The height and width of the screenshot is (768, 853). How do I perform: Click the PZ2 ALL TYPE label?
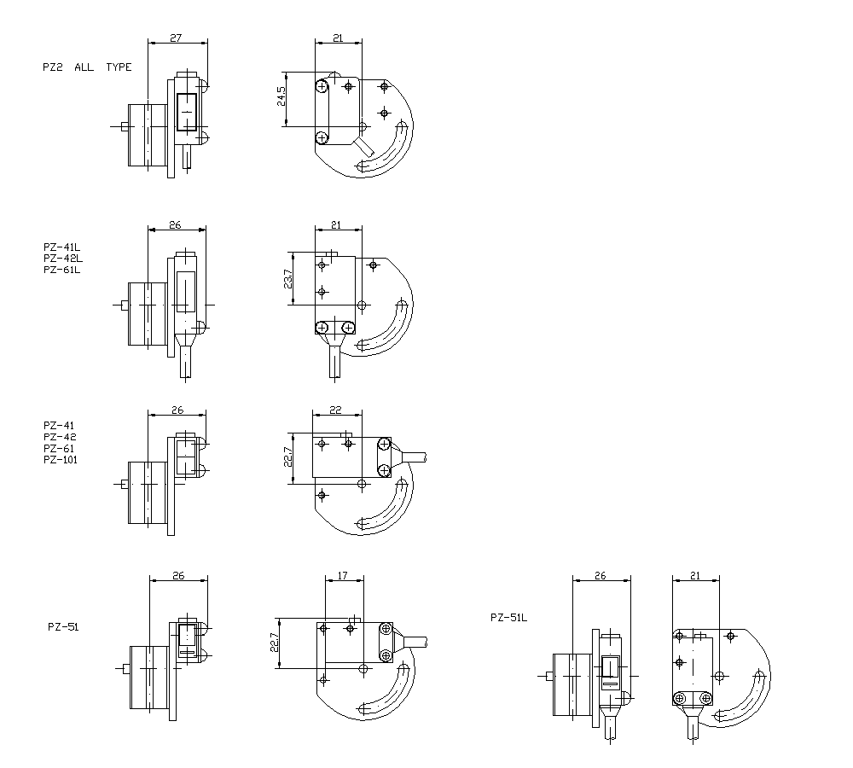[87, 67]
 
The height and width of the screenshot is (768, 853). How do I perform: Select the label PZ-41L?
[61, 247]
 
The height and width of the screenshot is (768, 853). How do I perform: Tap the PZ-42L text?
[61, 259]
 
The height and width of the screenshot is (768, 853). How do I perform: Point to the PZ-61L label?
[61, 270]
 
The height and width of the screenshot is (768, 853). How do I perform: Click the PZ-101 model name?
[61, 460]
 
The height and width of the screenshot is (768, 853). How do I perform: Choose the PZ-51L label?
[509, 618]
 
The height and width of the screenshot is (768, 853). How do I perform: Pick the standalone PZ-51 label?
[63, 626]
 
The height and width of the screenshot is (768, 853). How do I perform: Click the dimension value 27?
[177, 38]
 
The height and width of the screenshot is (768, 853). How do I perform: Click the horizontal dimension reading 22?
[336, 410]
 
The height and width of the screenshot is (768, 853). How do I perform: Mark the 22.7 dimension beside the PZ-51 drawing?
[275, 642]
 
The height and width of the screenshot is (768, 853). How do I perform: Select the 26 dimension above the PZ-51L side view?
[601, 577]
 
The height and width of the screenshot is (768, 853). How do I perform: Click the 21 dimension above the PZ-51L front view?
[694, 577]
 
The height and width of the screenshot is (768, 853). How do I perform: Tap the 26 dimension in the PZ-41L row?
[176, 225]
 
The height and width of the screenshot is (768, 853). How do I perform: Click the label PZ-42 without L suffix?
[59, 437]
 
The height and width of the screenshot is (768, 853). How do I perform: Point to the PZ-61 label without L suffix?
[59, 448]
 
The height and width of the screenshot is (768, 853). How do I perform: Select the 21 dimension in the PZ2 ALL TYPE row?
[337, 38]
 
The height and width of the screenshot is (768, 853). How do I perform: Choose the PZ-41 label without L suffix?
[59, 425]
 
